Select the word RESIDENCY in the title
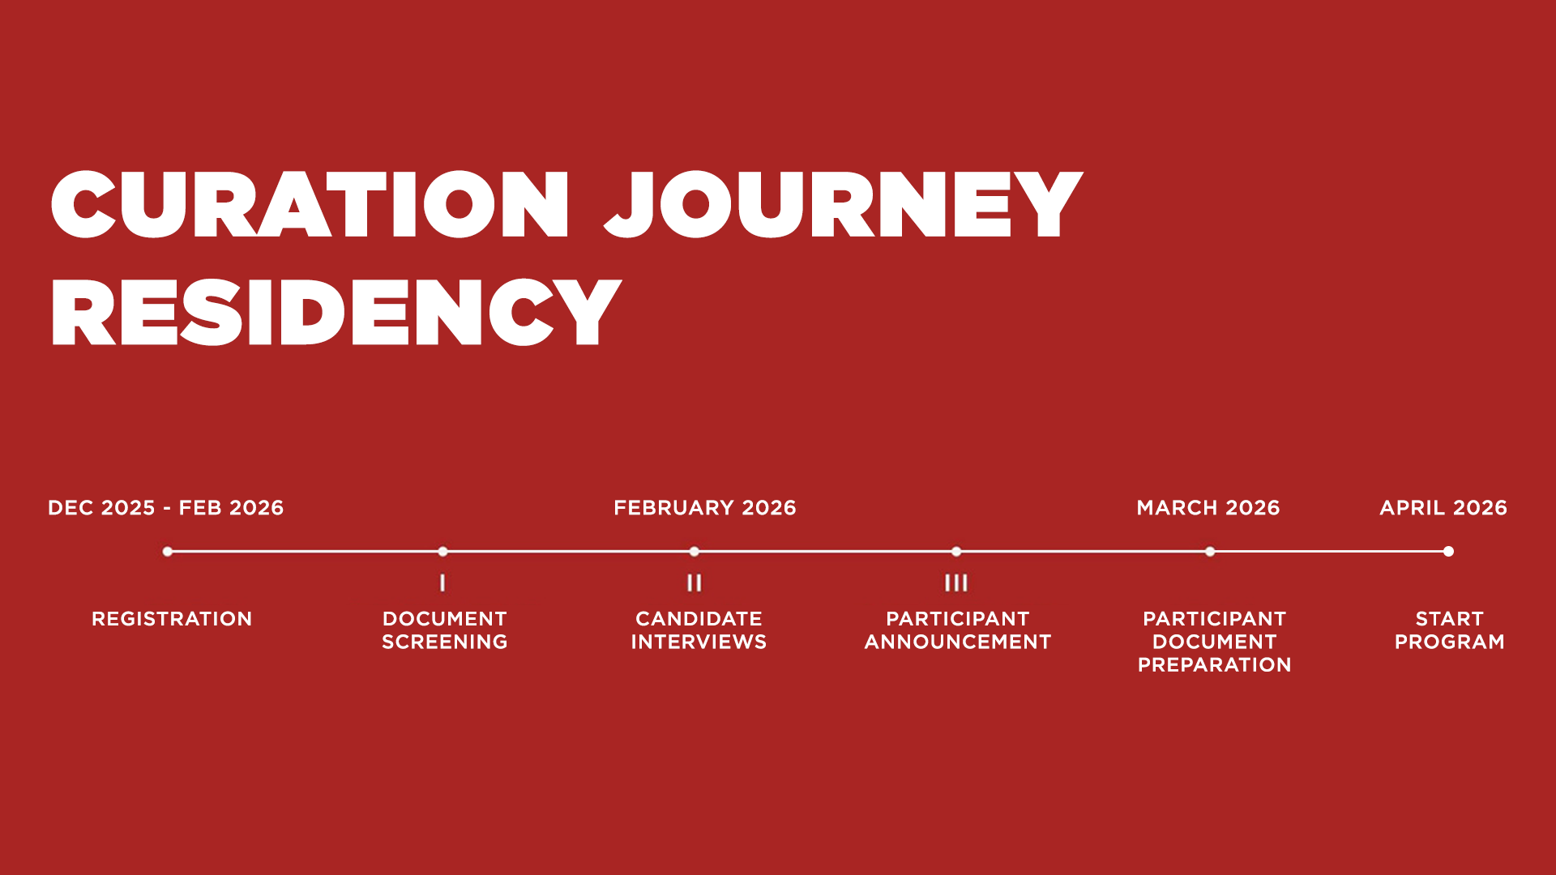(x=336, y=313)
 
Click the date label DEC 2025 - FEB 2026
(x=166, y=508)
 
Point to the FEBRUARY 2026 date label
(x=705, y=508)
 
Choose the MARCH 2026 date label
(x=1208, y=508)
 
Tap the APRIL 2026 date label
(x=1443, y=508)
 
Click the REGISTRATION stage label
(x=172, y=619)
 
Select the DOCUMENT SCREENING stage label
(x=445, y=630)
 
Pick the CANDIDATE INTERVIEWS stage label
(x=699, y=630)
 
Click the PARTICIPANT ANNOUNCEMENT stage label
(x=958, y=630)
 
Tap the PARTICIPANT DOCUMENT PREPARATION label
(x=1214, y=642)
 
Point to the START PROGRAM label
(x=1449, y=630)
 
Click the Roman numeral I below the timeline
(x=442, y=583)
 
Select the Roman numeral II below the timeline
(x=695, y=583)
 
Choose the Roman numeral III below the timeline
(x=956, y=583)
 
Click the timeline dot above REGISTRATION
(x=168, y=552)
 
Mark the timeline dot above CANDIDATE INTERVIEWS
(x=695, y=552)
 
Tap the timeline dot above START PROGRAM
(x=1448, y=552)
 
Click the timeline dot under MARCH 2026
(x=1210, y=552)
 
